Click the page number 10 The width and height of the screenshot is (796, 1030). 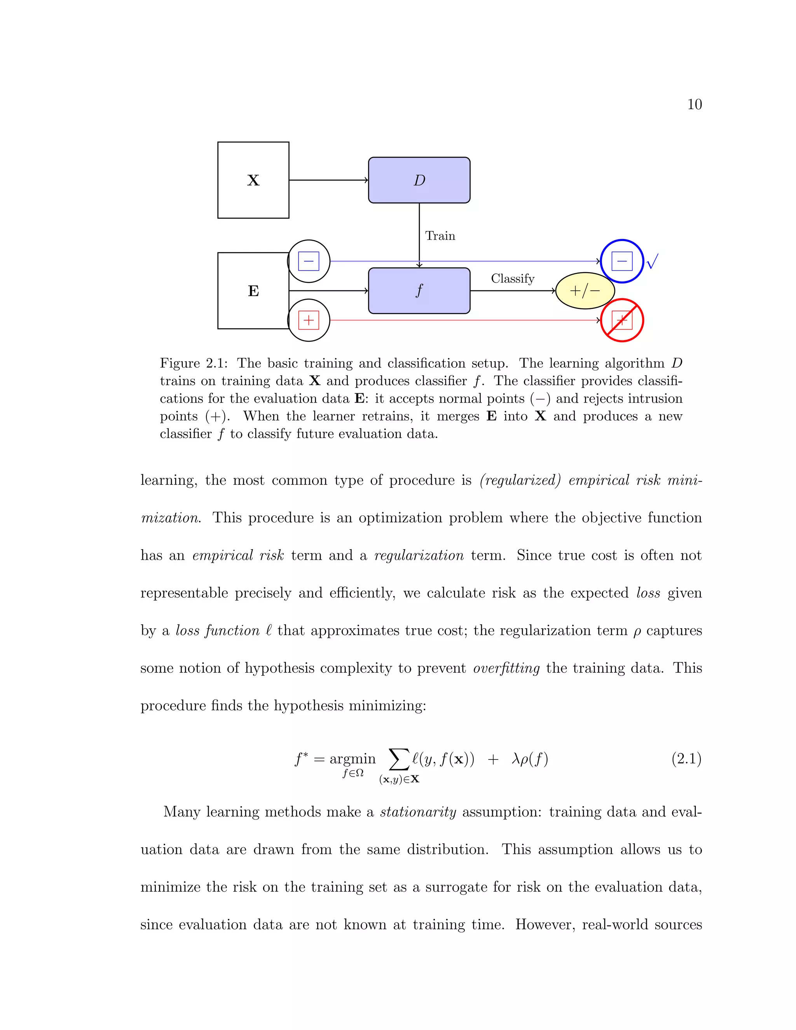point(694,104)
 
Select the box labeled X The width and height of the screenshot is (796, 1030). point(253,180)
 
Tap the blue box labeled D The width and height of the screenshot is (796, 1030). point(419,180)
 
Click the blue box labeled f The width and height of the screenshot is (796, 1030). point(419,290)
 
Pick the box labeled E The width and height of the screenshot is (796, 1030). point(253,290)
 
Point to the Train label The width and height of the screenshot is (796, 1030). point(440,236)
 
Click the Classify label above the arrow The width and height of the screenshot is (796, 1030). point(513,279)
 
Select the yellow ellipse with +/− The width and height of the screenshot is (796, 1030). point(585,290)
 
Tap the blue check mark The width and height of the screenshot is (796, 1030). point(652,261)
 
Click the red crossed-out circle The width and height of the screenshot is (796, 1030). point(622,320)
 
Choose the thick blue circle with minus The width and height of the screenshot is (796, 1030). point(622,261)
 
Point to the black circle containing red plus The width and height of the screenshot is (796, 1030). point(309,320)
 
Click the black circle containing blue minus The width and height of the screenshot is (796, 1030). point(309,261)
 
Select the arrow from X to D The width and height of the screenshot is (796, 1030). point(328,180)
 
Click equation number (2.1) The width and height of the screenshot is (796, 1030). point(686,759)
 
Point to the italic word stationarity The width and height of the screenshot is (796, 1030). point(418,812)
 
